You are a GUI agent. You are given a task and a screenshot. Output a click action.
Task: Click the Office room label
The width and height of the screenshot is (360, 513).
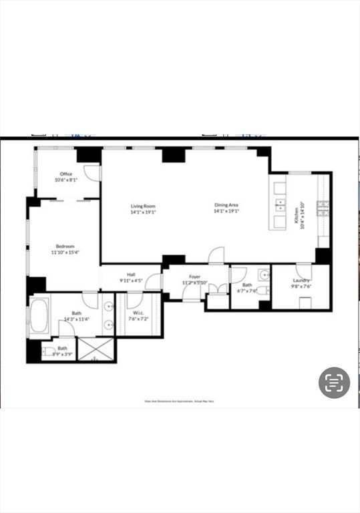point(66,174)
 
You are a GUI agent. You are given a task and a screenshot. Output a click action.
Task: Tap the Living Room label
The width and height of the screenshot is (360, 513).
point(143,206)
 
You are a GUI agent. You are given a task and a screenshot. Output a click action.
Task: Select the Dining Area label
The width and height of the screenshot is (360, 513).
point(226,206)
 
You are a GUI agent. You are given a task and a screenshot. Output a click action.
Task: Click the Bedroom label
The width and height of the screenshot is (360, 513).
point(65,246)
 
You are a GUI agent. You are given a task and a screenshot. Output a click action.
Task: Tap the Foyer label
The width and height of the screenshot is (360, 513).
point(194,277)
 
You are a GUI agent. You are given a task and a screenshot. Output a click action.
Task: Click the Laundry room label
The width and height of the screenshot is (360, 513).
point(301,281)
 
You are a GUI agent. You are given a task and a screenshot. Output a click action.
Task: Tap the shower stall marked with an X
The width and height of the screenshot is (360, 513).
point(96,349)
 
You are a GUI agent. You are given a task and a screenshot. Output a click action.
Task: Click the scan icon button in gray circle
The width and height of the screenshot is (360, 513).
point(334,383)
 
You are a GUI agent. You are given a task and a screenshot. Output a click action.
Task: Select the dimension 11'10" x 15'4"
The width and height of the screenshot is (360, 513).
point(65,252)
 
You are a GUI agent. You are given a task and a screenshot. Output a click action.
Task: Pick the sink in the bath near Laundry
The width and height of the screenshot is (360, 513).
point(263,275)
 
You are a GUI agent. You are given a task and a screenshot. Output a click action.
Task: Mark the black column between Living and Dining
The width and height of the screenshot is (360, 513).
point(174,154)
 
